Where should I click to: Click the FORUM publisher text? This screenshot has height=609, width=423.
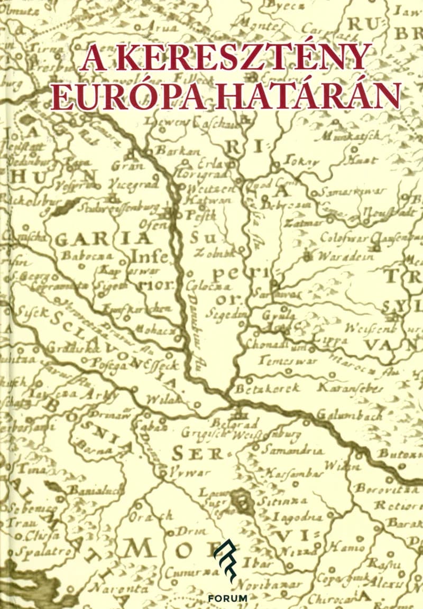click(228, 598)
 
